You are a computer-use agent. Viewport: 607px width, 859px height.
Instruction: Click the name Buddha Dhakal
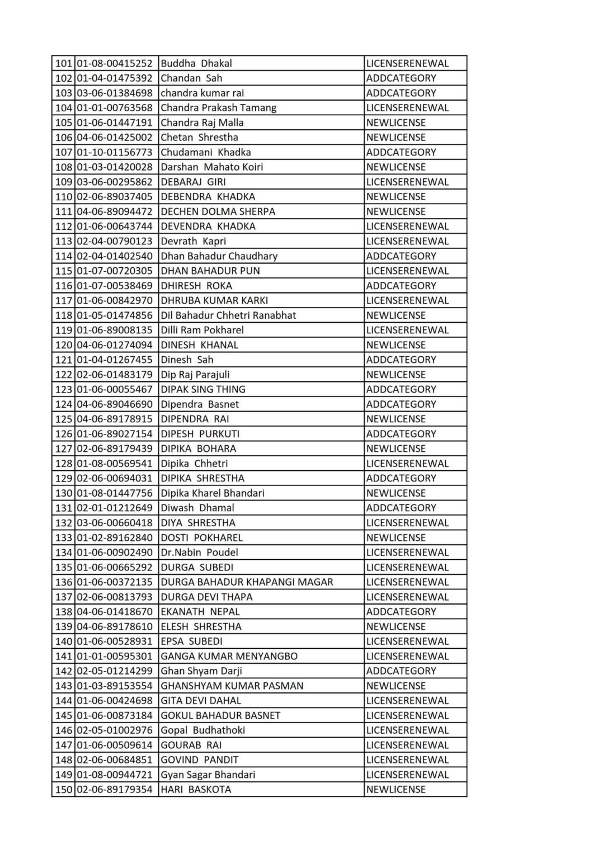[196, 63]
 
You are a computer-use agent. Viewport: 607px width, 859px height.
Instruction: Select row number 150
[64, 789]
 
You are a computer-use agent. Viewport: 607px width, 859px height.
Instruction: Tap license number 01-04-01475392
[114, 78]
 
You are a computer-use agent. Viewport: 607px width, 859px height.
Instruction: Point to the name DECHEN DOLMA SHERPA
[218, 211]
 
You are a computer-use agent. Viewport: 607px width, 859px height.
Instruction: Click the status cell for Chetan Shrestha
[396, 138]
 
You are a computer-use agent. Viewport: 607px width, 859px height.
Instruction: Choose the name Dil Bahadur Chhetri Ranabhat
[228, 315]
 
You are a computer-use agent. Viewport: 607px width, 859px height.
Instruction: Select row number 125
[64, 419]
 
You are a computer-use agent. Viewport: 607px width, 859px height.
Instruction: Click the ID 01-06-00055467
[114, 389]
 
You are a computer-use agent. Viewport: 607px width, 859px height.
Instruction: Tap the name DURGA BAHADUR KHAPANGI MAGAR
[247, 582]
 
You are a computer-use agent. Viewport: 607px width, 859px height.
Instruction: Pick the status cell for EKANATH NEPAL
[401, 612]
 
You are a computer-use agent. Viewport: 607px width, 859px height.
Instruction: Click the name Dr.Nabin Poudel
[199, 553]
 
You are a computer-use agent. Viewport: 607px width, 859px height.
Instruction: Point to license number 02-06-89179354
[114, 789]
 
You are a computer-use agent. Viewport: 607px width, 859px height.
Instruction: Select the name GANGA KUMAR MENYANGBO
[229, 656]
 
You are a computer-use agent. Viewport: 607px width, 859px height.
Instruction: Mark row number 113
[64, 241]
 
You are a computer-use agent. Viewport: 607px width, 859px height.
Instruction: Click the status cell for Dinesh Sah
[401, 360]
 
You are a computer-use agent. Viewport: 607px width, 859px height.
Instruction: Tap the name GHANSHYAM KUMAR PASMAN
[232, 686]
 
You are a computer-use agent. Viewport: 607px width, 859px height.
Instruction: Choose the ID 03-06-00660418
[114, 523]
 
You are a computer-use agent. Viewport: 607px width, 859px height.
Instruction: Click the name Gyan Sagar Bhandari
[208, 775]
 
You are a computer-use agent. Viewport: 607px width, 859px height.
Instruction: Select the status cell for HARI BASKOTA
[396, 789]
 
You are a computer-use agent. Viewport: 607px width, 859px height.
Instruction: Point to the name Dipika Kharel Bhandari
[213, 493]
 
